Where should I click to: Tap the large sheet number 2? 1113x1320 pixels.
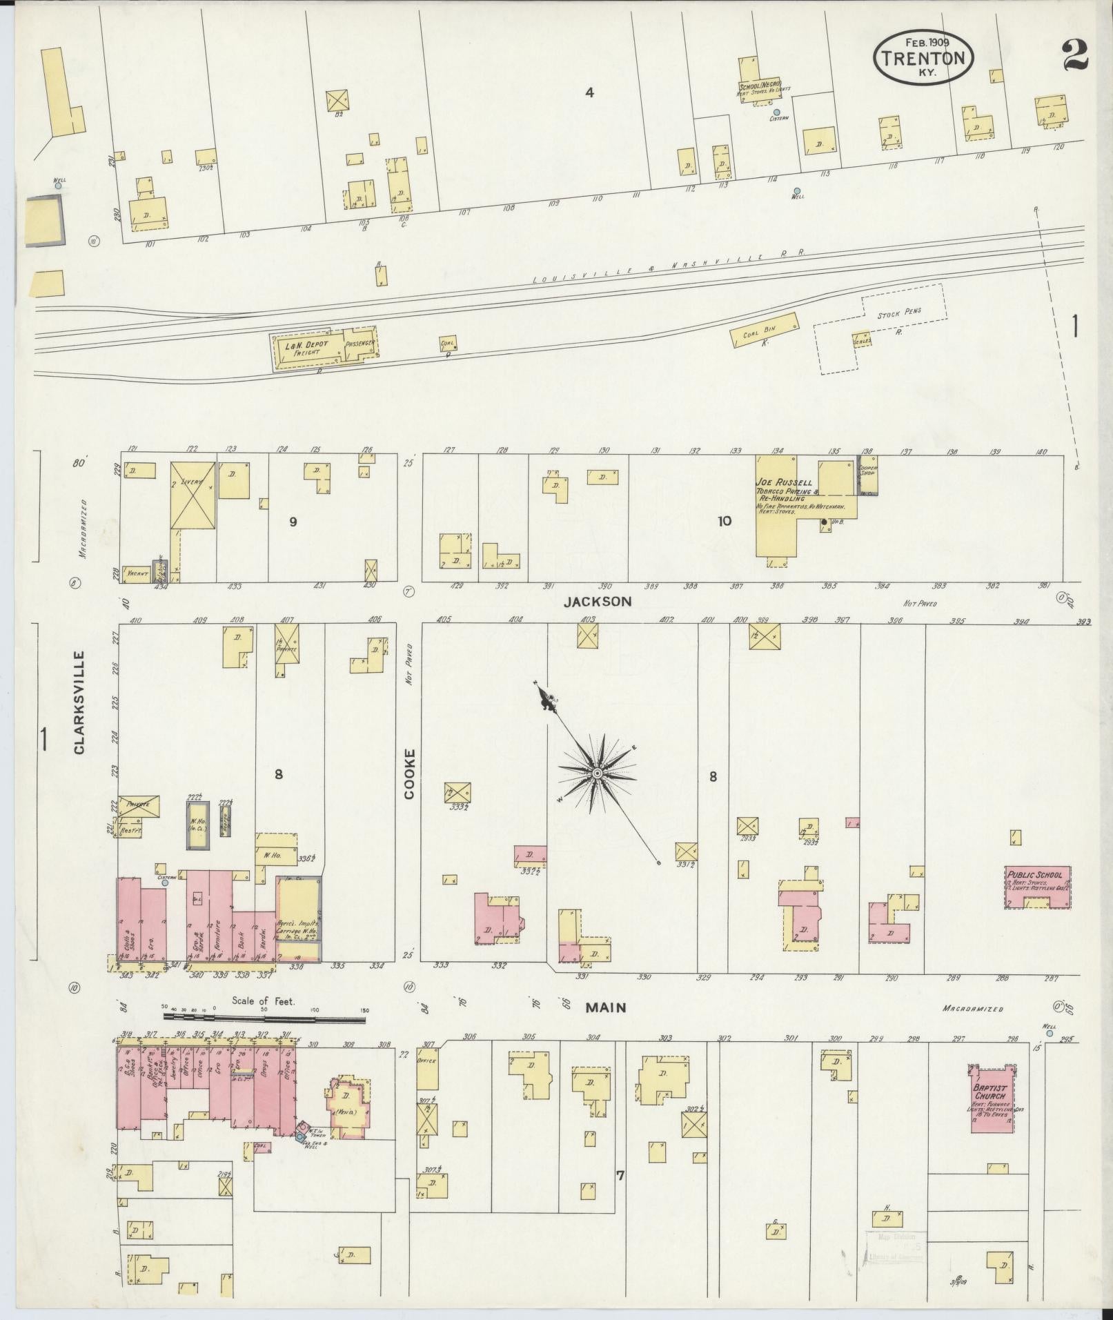(1074, 55)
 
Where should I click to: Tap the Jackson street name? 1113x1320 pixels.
(597, 602)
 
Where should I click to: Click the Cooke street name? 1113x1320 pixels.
(410, 774)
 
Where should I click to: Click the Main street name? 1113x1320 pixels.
(605, 1007)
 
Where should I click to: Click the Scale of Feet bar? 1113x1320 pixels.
(264, 1017)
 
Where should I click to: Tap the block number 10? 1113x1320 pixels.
(724, 521)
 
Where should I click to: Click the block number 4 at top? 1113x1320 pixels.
(589, 92)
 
